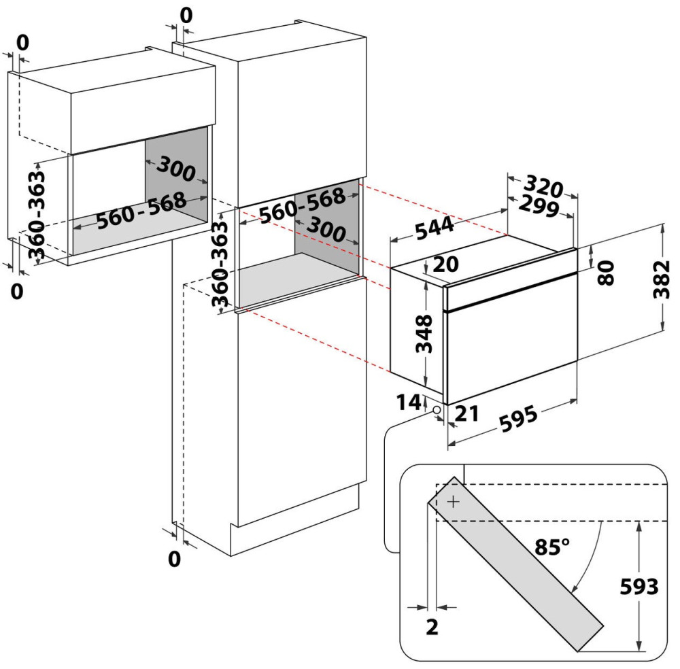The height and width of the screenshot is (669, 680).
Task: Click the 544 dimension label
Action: [435, 228]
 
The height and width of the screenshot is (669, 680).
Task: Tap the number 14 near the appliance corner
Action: [409, 402]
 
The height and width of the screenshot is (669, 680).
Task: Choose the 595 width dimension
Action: [519, 419]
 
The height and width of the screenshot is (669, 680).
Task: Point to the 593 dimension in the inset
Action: [639, 586]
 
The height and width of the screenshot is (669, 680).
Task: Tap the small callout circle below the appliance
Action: [435, 409]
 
